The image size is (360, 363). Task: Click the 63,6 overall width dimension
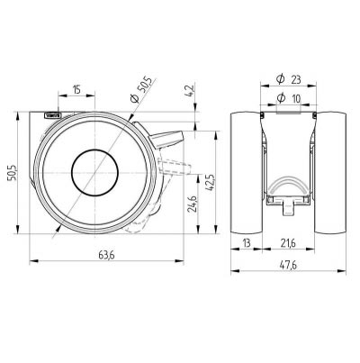[107, 254]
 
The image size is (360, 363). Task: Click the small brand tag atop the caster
[51, 115]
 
